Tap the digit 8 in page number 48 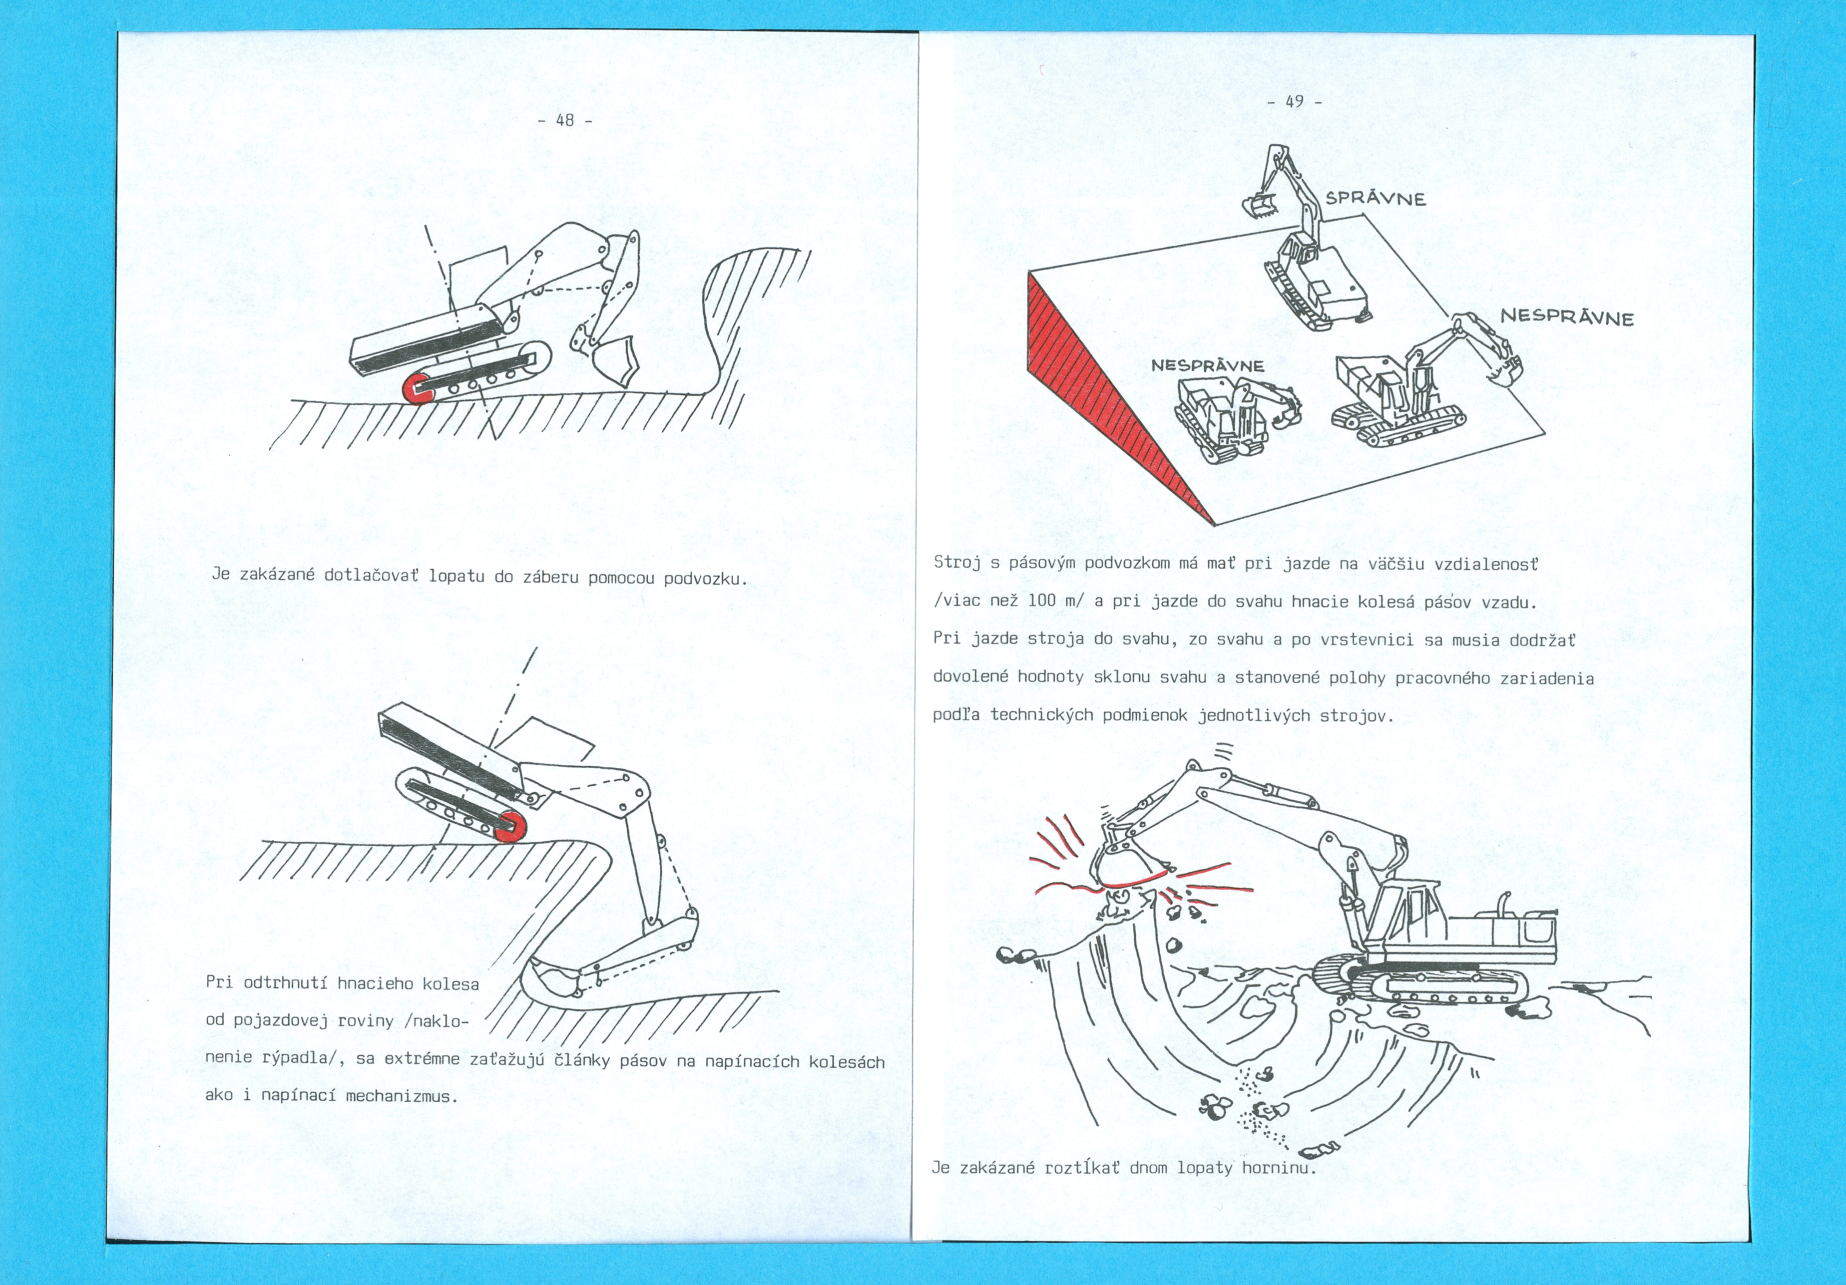(570, 120)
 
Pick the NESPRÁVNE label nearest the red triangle (1208, 365)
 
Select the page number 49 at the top (1295, 101)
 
